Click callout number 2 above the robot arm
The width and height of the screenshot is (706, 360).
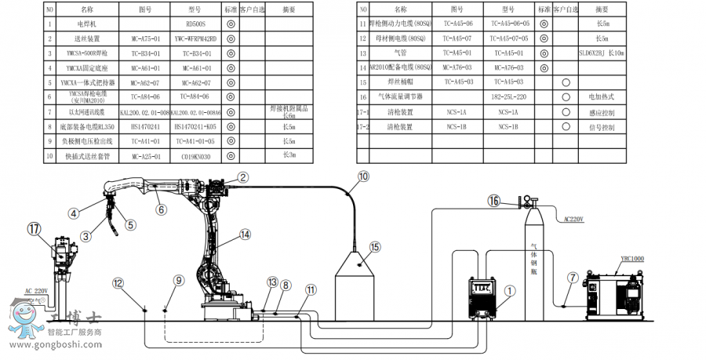pyautogui.click(x=244, y=177)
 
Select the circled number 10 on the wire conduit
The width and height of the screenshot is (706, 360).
pyautogui.click(x=363, y=177)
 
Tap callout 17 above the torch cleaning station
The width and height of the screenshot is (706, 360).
pyautogui.click(x=33, y=229)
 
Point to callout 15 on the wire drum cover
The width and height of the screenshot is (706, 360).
pyautogui.click(x=374, y=246)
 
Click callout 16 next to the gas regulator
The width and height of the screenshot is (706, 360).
pyautogui.click(x=493, y=201)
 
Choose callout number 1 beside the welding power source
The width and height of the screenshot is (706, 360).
pyautogui.click(x=508, y=289)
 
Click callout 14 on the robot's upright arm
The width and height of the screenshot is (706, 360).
pyautogui.click(x=245, y=235)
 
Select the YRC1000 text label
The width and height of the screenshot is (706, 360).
pyautogui.click(x=632, y=259)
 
